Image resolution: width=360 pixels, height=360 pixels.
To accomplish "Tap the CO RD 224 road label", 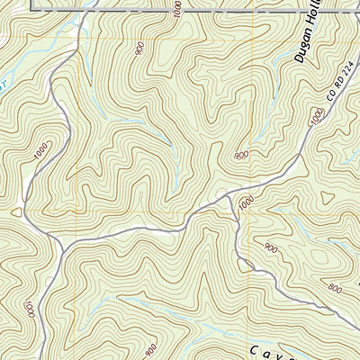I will pos(336,90).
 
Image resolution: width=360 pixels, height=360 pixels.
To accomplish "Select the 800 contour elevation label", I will pos(335,289).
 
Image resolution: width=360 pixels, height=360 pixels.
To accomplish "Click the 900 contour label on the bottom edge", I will pos(150,347).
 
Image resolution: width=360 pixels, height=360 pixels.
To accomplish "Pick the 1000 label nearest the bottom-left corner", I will pos(31,310).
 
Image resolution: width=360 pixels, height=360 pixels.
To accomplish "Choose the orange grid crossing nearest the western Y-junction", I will pos(77,212).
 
